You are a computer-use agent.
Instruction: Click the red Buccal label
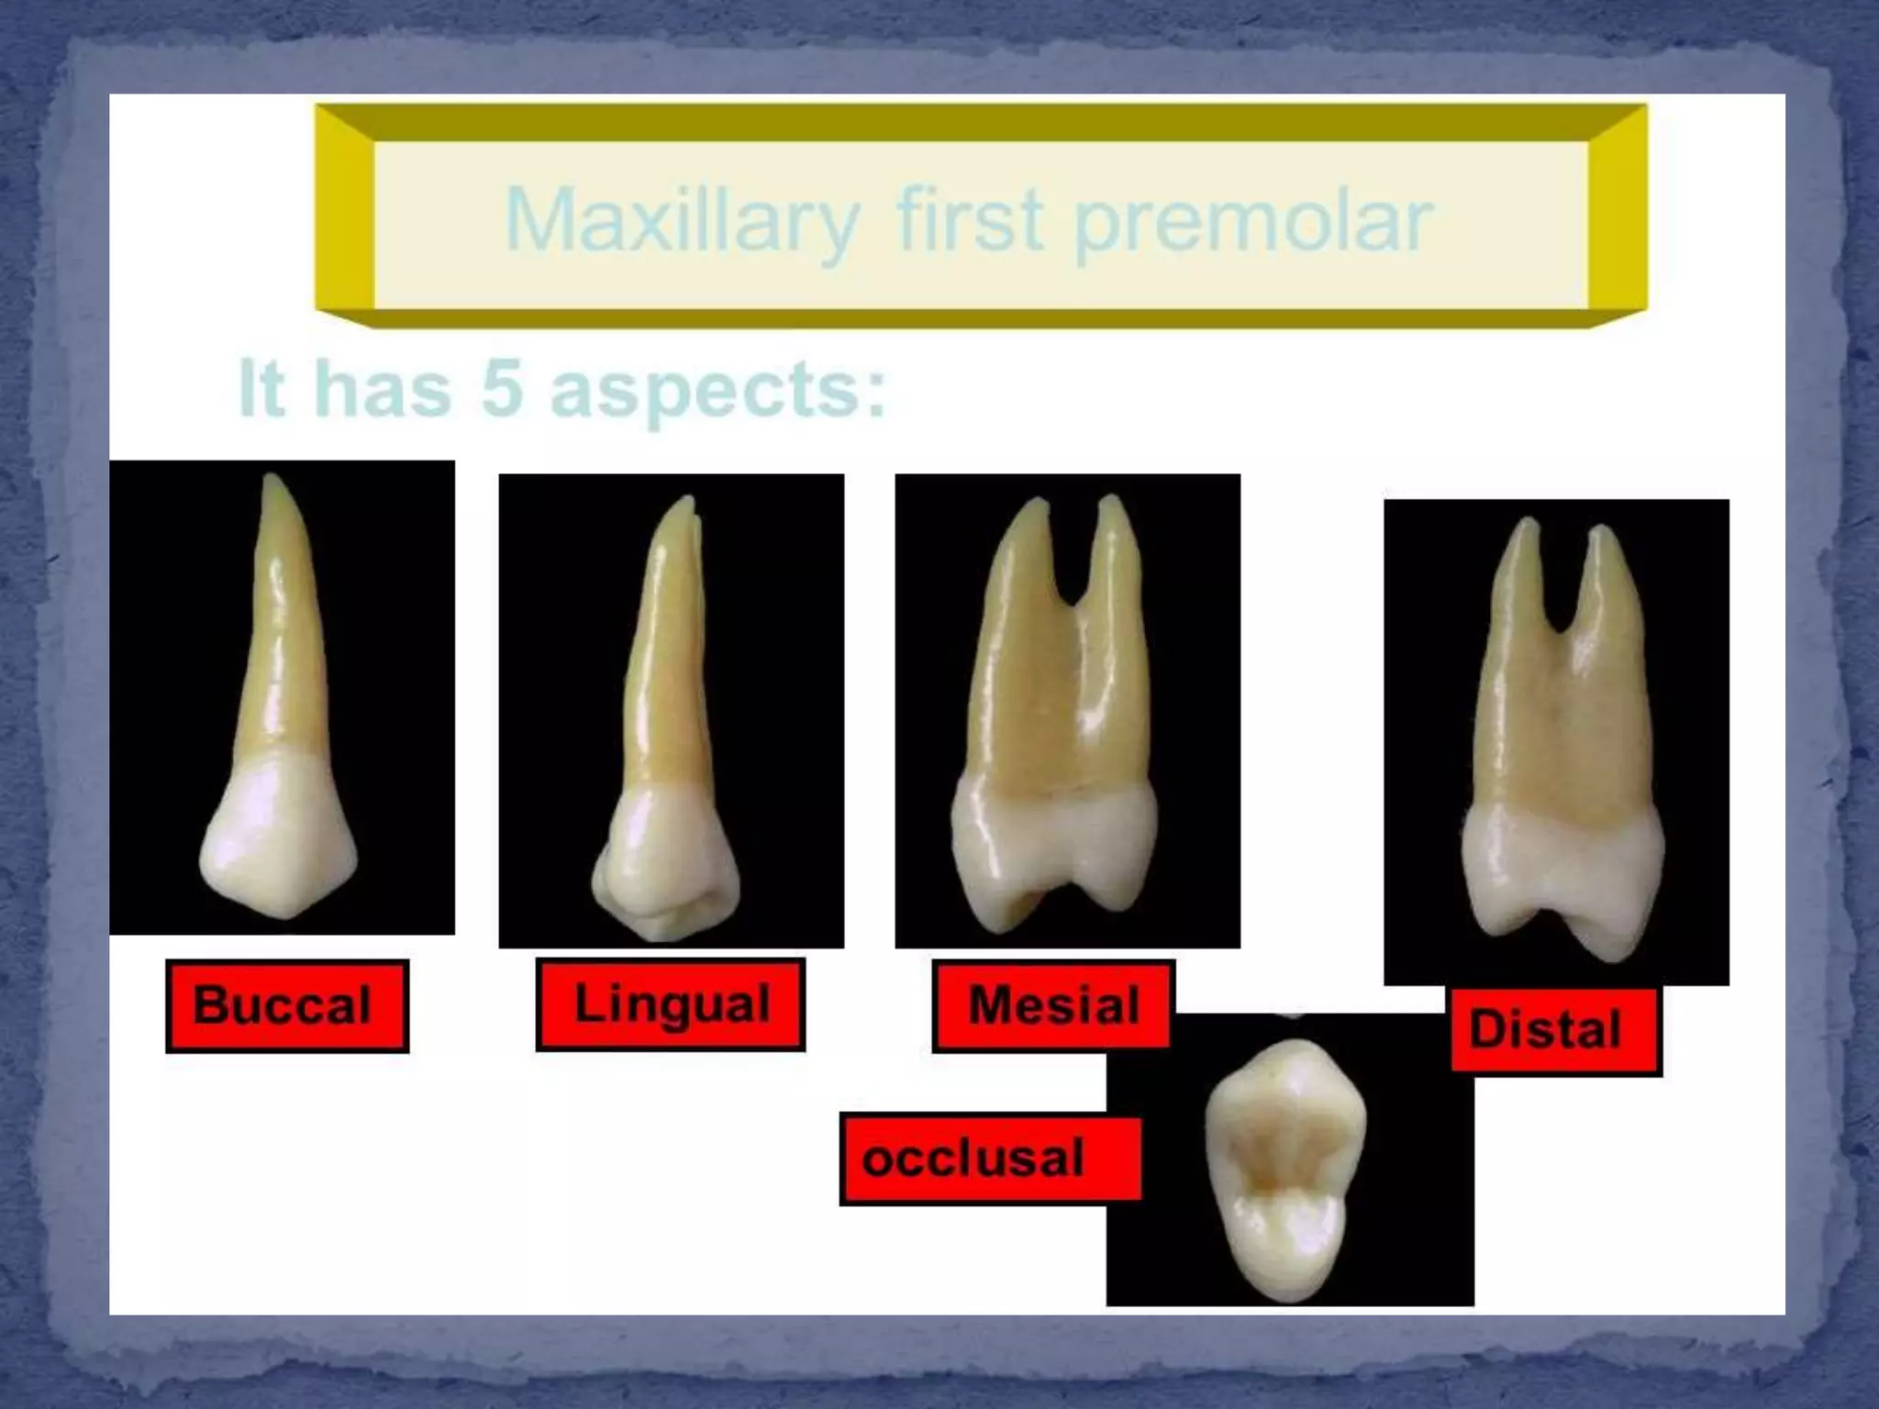[x=286, y=1005]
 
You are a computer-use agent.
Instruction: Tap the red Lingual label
[x=671, y=1004]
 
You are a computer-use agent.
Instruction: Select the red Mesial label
[x=1052, y=1005]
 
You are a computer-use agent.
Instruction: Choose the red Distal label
[x=1555, y=1029]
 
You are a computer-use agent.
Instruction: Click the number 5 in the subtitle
[x=502, y=389]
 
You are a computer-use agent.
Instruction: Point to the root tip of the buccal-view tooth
[x=271, y=482]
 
